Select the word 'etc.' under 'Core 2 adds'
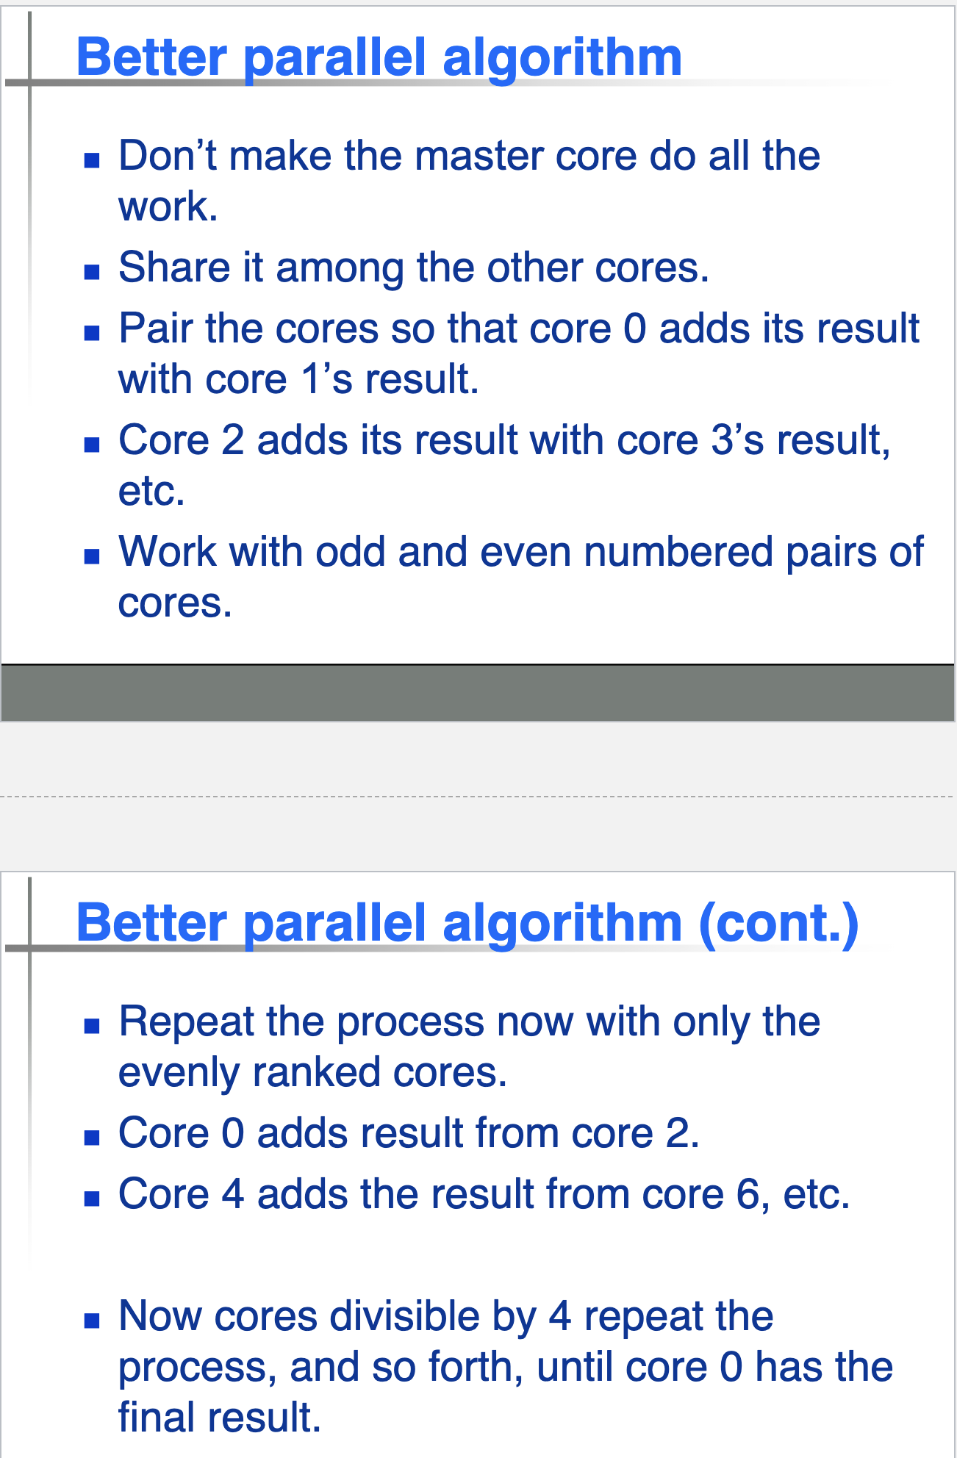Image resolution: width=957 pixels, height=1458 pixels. click(x=151, y=492)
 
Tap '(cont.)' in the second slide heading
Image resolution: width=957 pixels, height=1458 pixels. click(x=778, y=923)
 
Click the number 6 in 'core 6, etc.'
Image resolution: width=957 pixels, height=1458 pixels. click(x=747, y=1194)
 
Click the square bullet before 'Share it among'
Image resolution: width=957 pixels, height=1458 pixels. click(x=92, y=273)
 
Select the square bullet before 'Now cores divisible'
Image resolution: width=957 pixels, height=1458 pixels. click(x=92, y=1321)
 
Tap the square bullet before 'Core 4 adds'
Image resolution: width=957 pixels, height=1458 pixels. click(x=92, y=1199)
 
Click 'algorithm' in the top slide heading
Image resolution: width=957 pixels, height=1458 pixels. click(x=562, y=57)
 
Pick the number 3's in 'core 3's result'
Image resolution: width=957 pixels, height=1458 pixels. click(x=736, y=441)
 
